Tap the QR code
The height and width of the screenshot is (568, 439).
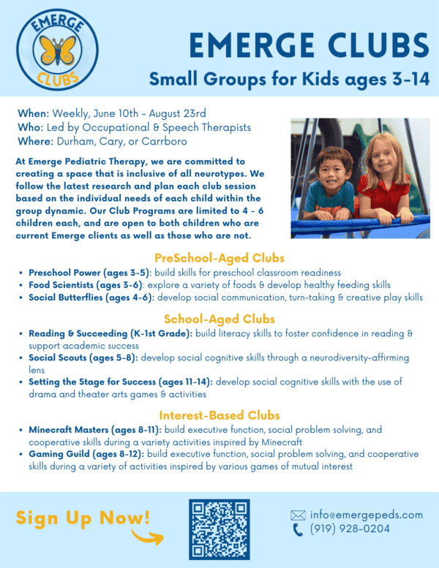click(219, 527)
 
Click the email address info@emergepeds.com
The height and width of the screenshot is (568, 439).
click(367, 515)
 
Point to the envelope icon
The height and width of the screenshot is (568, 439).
click(298, 515)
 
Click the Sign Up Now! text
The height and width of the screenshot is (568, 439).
click(83, 518)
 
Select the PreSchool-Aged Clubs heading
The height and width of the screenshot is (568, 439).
click(219, 257)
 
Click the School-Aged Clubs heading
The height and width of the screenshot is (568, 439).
click(219, 319)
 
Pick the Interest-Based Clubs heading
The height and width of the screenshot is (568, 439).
click(219, 415)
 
